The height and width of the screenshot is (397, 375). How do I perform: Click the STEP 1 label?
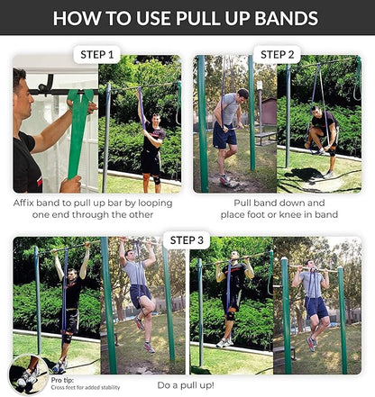coord(96,55)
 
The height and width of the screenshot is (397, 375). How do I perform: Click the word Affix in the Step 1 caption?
coord(29,204)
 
